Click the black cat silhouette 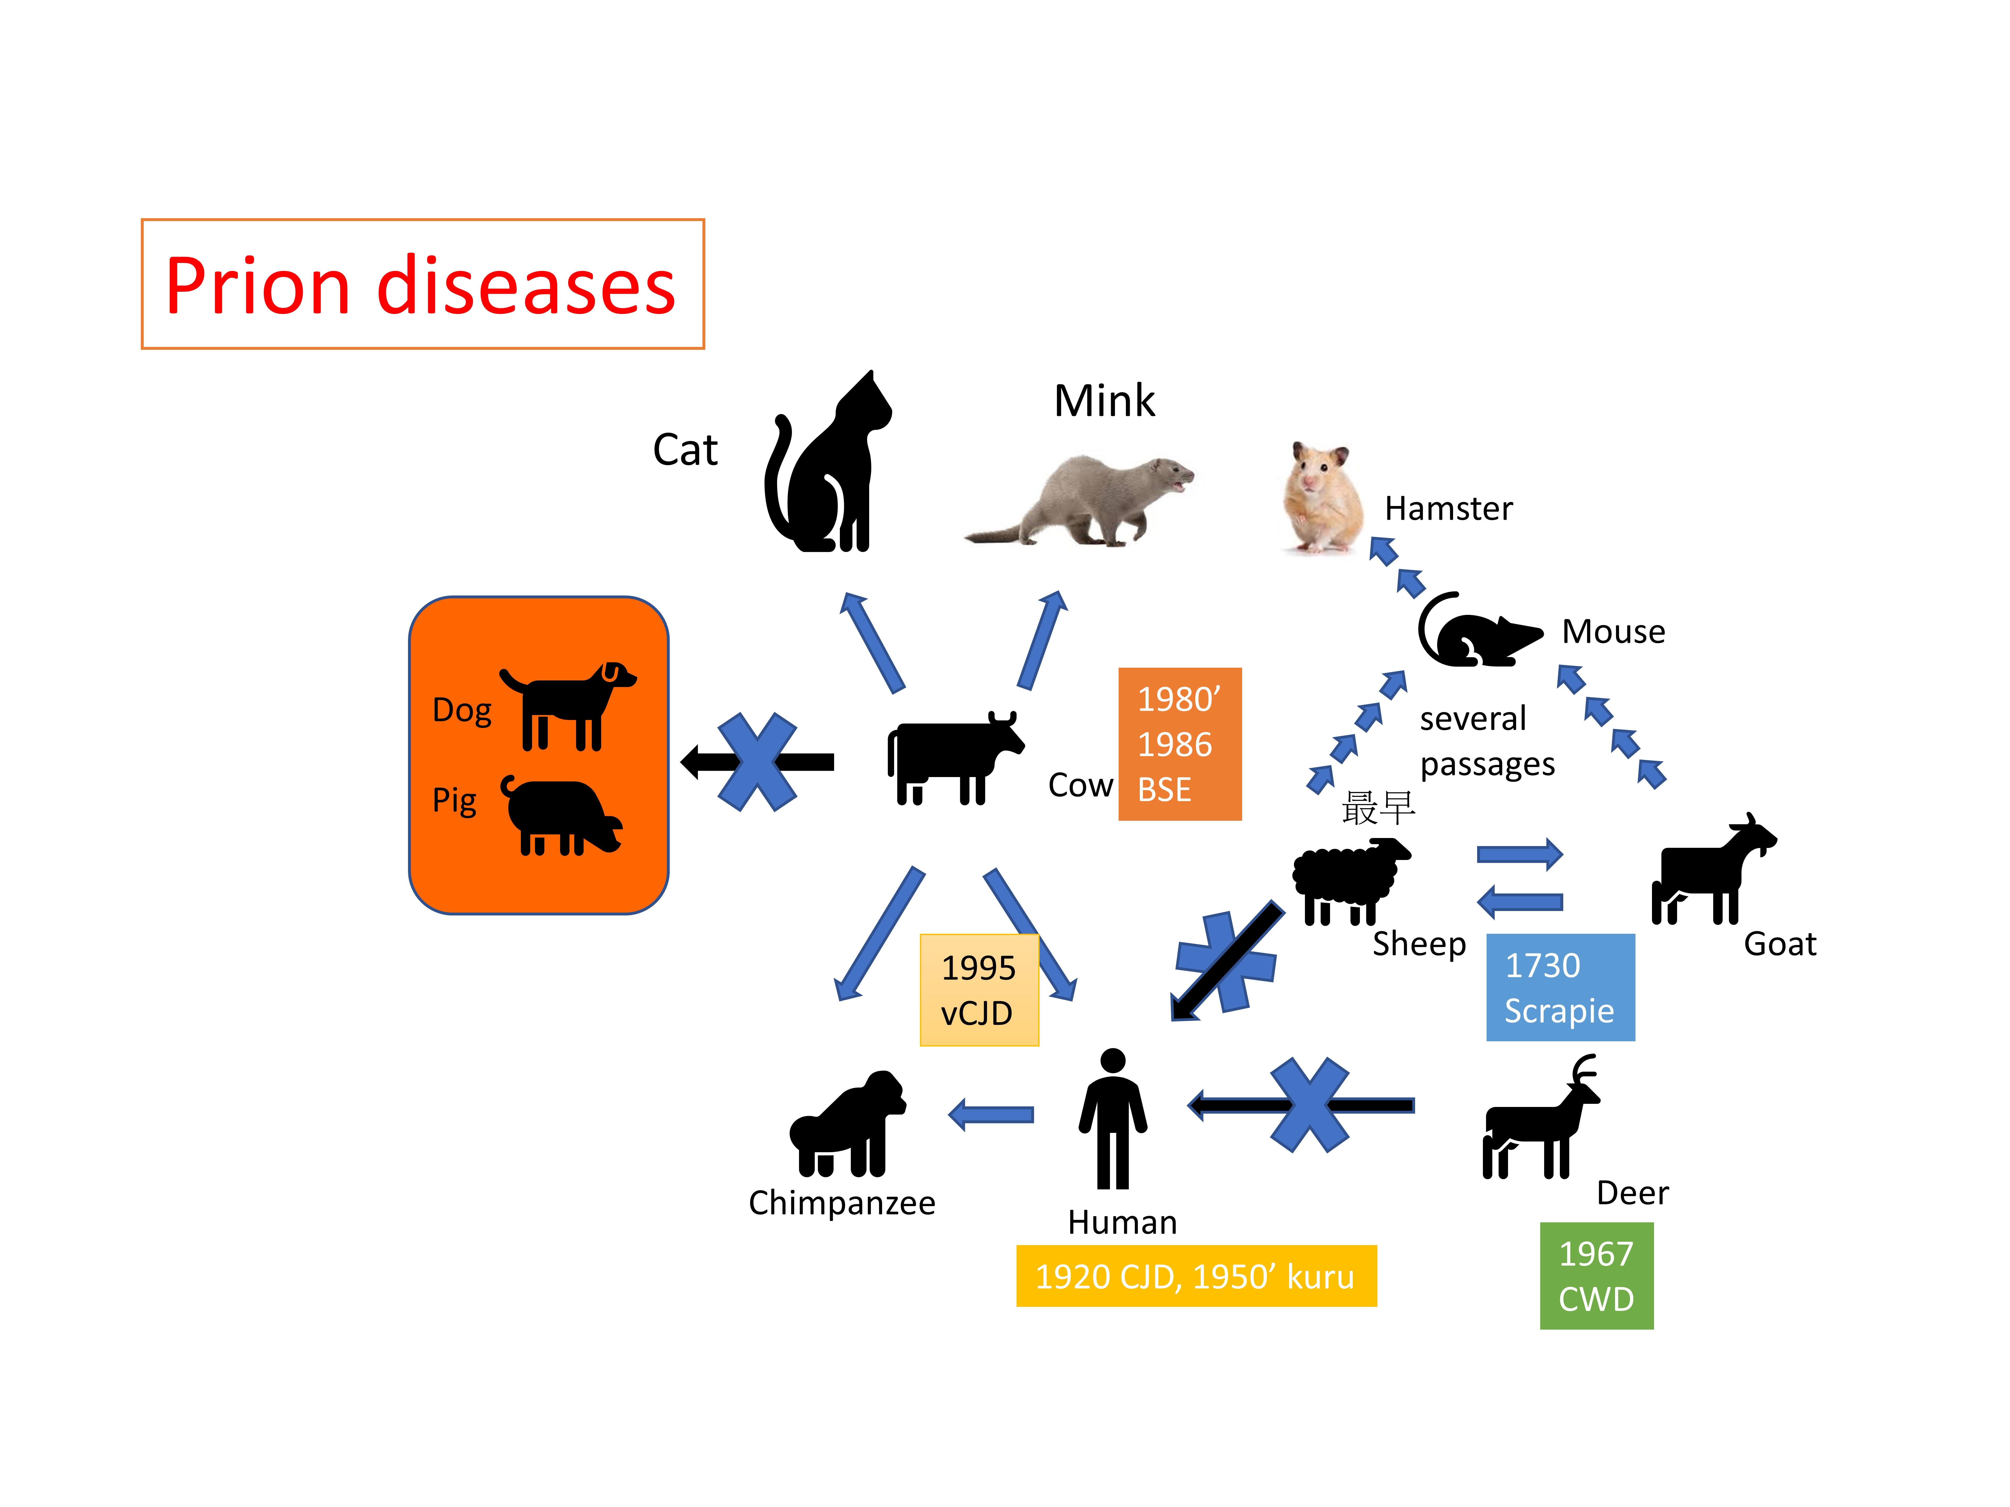pyautogui.click(x=827, y=472)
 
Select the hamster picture pyautogui.click(x=1322, y=498)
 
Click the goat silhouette pyautogui.click(x=1708, y=872)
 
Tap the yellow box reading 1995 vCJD pyautogui.click(x=979, y=990)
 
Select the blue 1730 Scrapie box pyautogui.click(x=1559, y=987)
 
